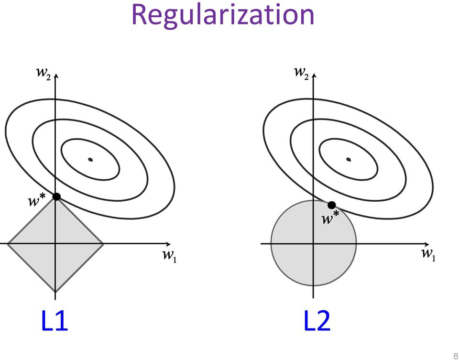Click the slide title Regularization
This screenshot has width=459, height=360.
point(223,15)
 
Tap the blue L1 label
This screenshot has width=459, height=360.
point(55,321)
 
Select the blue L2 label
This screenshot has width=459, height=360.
point(317,321)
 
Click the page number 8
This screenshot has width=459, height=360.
point(455,355)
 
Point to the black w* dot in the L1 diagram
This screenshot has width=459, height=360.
point(56,196)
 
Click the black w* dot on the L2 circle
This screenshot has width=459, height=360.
point(331,205)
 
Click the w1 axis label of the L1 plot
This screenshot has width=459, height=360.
point(168,256)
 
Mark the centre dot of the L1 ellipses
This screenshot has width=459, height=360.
point(90,159)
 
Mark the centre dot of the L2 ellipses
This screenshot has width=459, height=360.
point(348,159)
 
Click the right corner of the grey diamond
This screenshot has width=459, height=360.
point(103,244)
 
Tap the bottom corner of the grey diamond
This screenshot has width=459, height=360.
point(56,292)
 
